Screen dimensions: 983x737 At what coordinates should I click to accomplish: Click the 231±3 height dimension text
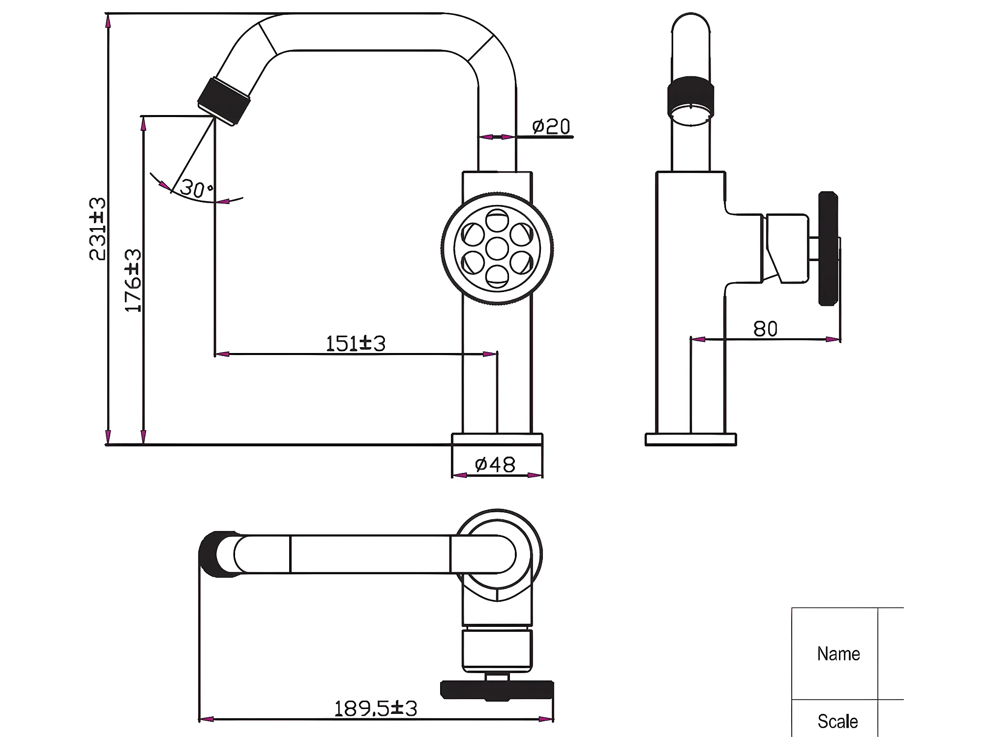click(97, 229)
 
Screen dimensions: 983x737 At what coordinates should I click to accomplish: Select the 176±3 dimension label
click(133, 280)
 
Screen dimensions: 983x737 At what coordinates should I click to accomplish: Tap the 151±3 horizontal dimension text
click(356, 344)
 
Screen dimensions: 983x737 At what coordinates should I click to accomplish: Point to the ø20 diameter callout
click(551, 126)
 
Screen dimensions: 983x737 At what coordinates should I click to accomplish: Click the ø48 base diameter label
click(495, 465)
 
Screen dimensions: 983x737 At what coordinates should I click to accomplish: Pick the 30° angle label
click(196, 189)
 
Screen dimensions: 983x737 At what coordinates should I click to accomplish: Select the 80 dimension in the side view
click(765, 329)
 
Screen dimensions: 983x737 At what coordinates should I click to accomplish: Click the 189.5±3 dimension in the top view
click(376, 708)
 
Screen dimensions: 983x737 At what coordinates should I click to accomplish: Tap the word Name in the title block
click(838, 654)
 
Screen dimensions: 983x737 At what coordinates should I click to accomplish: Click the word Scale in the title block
click(837, 721)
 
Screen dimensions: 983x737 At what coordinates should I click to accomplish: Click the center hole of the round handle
click(497, 249)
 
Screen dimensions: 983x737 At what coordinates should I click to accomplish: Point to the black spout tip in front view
click(224, 101)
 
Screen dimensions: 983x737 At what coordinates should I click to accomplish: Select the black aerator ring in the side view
click(691, 96)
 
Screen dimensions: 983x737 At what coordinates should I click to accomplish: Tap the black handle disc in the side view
click(828, 249)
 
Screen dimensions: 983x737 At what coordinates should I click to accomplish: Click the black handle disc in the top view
click(497, 690)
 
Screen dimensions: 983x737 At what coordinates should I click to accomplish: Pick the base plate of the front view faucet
click(497, 440)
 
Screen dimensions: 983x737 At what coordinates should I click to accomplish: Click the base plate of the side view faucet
click(691, 440)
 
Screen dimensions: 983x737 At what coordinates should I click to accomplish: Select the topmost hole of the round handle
click(497, 220)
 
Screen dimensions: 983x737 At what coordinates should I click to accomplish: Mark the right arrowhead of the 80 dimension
click(833, 339)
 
